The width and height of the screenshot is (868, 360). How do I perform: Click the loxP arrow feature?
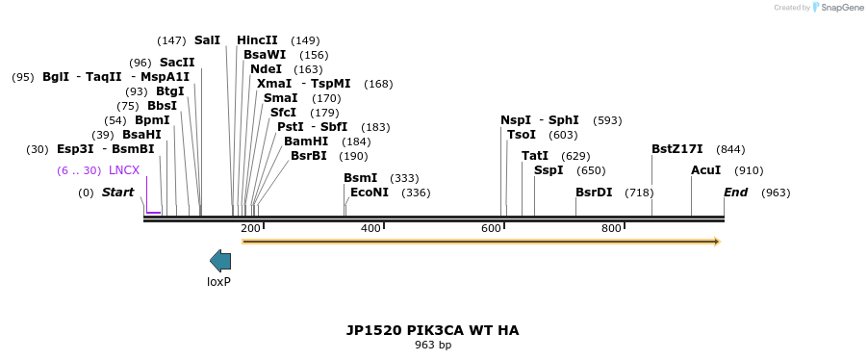click(220, 260)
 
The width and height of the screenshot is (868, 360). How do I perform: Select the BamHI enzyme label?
click(306, 141)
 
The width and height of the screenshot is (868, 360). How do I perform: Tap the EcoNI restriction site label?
click(370, 193)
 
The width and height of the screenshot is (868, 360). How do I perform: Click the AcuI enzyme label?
click(705, 170)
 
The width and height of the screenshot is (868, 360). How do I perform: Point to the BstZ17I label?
click(677, 149)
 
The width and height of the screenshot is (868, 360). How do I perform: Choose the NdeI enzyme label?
click(266, 69)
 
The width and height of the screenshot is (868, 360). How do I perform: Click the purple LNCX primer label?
click(124, 170)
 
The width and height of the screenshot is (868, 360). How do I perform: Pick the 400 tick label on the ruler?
click(370, 228)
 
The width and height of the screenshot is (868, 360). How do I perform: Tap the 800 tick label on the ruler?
click(611, 228)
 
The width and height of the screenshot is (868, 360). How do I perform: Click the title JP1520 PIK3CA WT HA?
click(432, 330)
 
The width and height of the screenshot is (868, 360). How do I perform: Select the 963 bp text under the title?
click(433, 345)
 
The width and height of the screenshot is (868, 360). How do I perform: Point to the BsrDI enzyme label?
click(594, 193)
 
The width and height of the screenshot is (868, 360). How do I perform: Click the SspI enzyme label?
click(549, 170)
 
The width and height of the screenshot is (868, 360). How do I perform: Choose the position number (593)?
click(607, 120)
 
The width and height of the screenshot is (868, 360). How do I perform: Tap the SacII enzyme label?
click(177, 63)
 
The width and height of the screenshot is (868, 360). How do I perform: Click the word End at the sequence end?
click(735, 193)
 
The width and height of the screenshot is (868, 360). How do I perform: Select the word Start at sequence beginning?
click(117, 193)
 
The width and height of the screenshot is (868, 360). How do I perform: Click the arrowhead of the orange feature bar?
click(715, 242)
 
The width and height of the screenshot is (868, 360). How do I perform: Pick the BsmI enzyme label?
click(361, 178)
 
